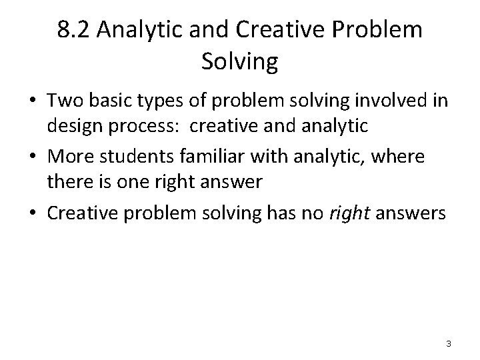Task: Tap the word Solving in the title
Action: pos(239,62)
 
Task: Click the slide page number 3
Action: pos(449,343)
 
